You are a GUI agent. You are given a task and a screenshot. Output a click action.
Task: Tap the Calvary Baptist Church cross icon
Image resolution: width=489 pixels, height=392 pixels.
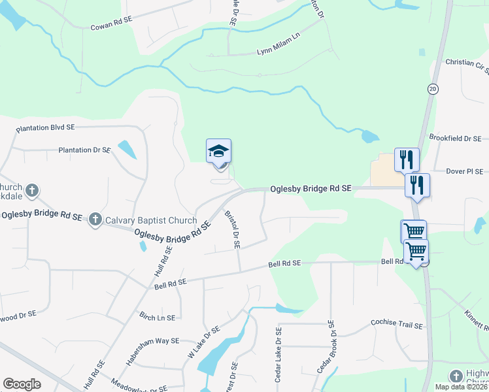95,220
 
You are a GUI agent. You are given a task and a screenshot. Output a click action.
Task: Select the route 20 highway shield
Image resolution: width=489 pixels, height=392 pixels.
433,88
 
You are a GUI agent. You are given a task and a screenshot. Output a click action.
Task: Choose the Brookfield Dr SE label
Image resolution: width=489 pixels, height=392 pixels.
455,139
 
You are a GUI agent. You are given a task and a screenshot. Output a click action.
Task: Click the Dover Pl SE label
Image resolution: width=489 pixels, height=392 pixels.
464,172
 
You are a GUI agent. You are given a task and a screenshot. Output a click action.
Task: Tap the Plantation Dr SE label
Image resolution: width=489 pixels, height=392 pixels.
84,150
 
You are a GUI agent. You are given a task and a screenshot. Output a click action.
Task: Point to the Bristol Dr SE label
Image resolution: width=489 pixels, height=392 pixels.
233,229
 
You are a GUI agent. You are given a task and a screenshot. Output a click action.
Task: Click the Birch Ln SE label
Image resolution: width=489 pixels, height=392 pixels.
157,318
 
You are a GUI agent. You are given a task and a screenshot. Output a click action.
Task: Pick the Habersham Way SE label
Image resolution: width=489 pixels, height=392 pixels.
152,344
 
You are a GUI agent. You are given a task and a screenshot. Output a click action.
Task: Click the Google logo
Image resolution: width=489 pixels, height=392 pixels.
22,384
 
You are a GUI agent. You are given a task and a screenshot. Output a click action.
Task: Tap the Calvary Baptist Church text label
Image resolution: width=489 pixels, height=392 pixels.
150,220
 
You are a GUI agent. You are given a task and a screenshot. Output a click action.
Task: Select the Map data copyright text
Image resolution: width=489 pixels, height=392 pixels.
461,387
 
